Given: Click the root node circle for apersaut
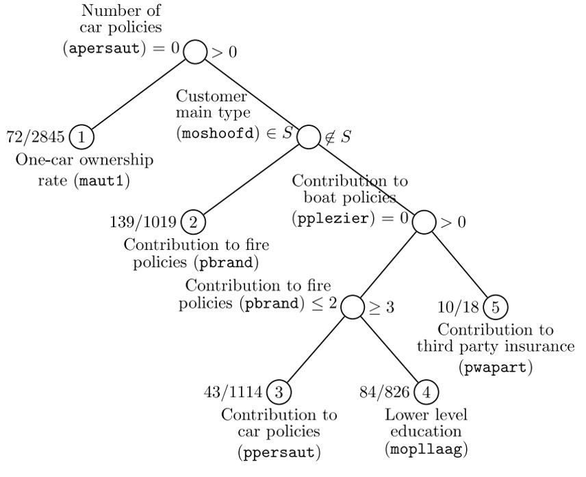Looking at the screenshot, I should (x=195, y=52).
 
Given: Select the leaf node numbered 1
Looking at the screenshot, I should (x=81, y=137).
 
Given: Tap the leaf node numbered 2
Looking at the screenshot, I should (x=193, y=222).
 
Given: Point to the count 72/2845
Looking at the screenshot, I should (x=35, y=137).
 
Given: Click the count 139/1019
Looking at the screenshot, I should (x=143, y=222).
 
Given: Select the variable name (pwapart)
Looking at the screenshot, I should (x=496, y=367).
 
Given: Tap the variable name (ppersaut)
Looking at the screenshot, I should (x=279, y=452).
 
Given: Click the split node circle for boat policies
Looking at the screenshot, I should (x=424, y=222).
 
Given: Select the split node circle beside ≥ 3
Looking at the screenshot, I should (x=352, y=307).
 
